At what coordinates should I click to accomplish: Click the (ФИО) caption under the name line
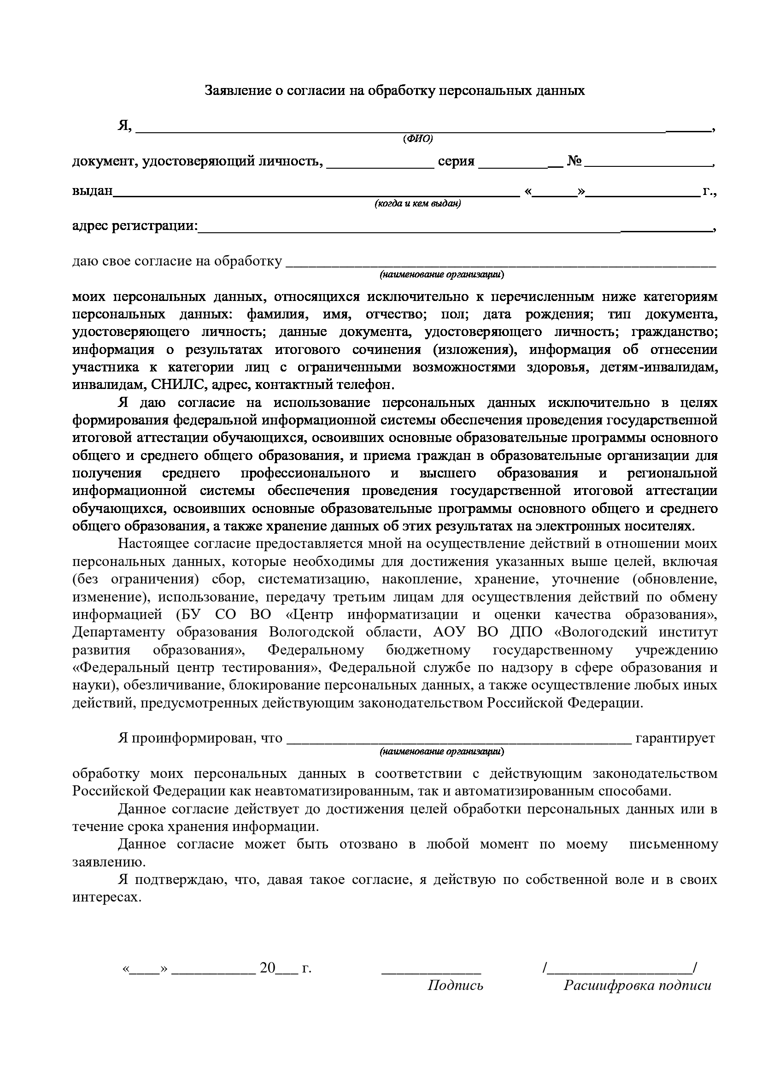pyautogui.click(x=417, y=139)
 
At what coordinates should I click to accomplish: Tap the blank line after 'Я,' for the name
pyautogui.click(x=422, y=130)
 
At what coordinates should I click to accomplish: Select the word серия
pyautogui.click(x=456, y=162)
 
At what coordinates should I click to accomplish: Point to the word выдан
pyautogui.click(x=93, y=191)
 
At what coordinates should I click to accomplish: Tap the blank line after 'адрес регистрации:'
pyautogui.click(x=455, y=230)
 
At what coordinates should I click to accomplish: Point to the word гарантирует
pyautogui.click(x=675, y=738)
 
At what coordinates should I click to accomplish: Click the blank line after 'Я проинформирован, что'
pyautogui.click(x=458, y=742)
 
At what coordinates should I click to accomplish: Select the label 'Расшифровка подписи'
pyautogui.click(x=637, y=985)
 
